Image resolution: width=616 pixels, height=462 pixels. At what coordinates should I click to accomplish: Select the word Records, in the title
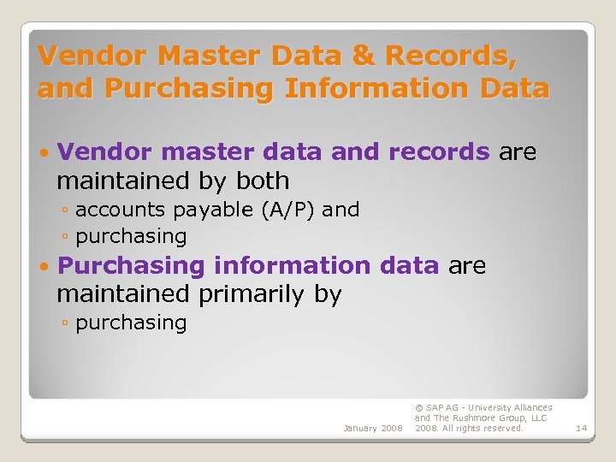[451, 56]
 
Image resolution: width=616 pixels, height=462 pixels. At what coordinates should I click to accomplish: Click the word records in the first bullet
[439, 152]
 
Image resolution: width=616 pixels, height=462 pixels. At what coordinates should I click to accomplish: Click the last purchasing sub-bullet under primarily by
[131, 323]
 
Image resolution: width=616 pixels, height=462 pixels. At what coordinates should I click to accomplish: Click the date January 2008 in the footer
[372, 428]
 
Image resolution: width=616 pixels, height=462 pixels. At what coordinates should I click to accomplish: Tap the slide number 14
[582, 428]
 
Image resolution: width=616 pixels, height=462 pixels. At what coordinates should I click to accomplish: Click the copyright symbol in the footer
[418, 408]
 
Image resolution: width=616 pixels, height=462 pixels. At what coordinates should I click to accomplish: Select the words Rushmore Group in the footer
[496, 418]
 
